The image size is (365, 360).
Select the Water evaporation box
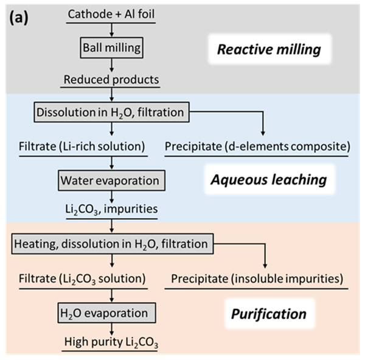(112, 181)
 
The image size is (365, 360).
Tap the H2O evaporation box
(112, 312)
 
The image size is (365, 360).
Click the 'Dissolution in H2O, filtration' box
(112, 113)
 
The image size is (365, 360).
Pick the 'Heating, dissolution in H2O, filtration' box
(112, 244)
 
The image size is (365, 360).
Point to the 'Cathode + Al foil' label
(112, 13)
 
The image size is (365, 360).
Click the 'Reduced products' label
(112, 79)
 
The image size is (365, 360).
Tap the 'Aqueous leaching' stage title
(268, 180)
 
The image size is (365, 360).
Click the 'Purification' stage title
(268, 315)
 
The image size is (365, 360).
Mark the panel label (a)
(20, 15)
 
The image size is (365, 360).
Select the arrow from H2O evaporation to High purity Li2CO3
(112, 327)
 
